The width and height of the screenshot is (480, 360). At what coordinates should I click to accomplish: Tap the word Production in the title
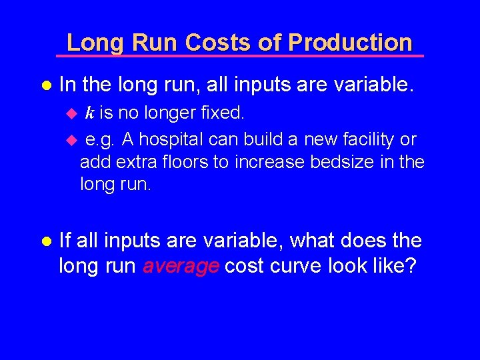(x=351, y=43)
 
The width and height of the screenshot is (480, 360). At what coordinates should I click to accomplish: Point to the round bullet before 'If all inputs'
(x=46, y=240)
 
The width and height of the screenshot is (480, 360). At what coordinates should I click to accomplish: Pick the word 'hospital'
(x=174, y=139)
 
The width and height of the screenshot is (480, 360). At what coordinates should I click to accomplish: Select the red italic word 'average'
(x=181, y=266)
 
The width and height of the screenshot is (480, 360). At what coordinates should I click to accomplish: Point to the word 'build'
(x=273, y=139)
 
